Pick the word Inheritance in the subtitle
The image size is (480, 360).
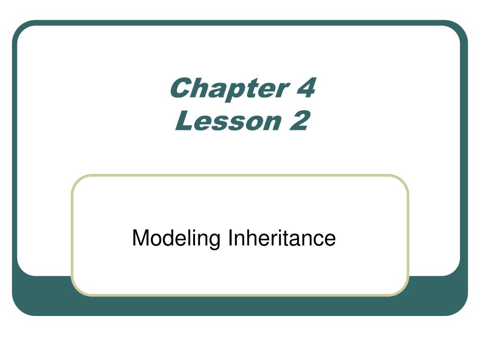[282, 238]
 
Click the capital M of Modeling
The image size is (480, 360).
[140, 238]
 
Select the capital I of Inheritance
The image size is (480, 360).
[230, 238]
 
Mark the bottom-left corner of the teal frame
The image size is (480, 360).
[19, 309]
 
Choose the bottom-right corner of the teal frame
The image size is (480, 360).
[461, 309]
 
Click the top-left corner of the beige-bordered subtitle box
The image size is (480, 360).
[75, 179]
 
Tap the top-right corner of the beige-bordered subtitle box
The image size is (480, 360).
[405, 179]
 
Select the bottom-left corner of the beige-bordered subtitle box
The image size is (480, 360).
[75, 292]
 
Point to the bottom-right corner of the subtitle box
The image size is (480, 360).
[405, 292]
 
